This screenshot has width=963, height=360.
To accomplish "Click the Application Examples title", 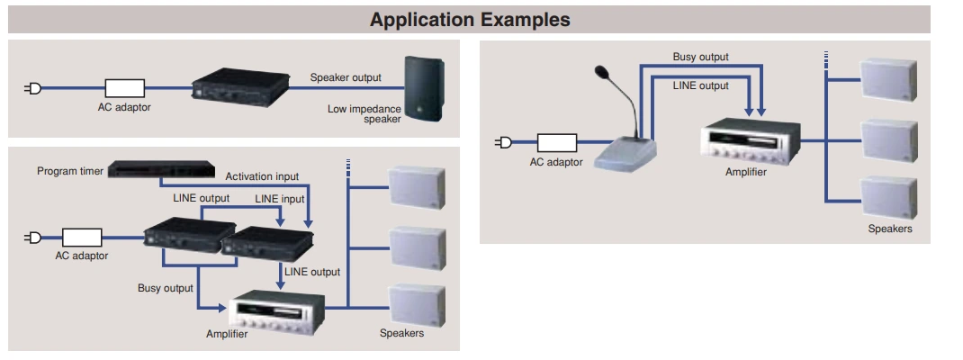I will point(470,19).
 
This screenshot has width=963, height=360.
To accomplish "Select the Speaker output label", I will point(346,77).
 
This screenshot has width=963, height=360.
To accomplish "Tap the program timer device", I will point(161,168).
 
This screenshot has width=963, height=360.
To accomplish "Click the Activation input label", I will point(262,176).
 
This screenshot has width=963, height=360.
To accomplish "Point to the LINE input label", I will point(280,198).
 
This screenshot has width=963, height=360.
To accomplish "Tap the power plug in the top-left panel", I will point(33,88).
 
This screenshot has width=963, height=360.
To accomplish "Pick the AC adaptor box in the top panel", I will point(124,88).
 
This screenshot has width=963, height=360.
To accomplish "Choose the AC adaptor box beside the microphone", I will point(556,142).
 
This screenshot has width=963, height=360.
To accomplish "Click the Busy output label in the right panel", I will point(700,57).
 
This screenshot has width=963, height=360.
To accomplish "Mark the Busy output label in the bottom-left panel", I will point(165,288).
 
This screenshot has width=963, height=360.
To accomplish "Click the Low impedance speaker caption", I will point(364,113).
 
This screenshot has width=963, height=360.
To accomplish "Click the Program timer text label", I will point(68,171).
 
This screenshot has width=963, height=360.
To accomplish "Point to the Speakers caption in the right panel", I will point(889,229).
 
